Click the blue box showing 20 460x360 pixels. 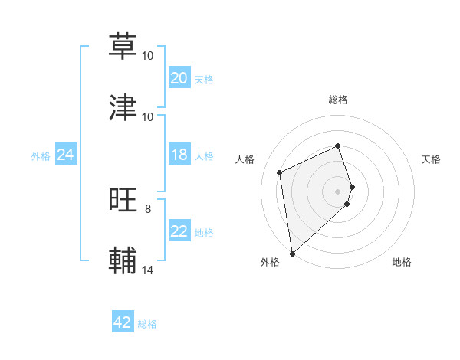click(179, 78)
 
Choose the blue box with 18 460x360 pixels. click(179, 155)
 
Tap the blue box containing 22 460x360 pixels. click(179, 232)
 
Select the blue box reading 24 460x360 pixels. click(65, 155)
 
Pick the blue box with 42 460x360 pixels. click(123, 323)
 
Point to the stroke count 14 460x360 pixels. click(148, 270)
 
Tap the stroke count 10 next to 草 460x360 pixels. click(148, 55)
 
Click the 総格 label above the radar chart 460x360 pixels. click(337, 100)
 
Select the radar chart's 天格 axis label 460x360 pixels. click(431, 159)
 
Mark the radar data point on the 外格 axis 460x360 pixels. click(291, 253)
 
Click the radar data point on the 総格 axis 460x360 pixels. click(337, 146)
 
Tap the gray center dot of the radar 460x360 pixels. click(337, 190)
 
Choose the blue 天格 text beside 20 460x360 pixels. click(204, 79)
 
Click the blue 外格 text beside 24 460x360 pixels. click(41, 156)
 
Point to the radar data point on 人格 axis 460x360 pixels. click(280, 172)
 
